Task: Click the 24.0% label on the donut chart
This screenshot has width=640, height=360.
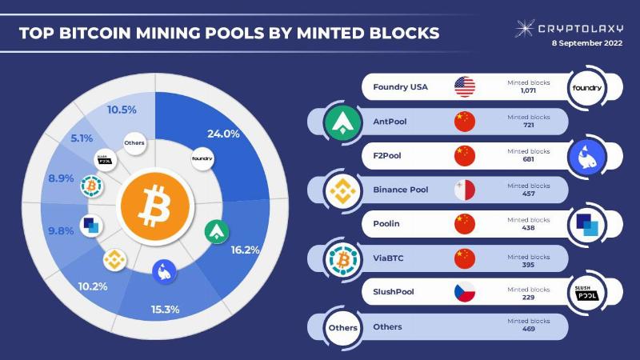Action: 223,134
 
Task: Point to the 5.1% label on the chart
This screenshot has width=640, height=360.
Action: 82,138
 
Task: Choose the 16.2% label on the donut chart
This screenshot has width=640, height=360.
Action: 245,250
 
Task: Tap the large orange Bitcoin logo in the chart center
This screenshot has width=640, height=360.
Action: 155,206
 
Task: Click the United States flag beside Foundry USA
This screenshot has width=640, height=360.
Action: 465,87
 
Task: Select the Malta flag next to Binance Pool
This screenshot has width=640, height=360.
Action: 465,190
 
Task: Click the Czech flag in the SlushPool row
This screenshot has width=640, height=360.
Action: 465,292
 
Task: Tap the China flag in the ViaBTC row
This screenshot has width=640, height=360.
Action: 465,258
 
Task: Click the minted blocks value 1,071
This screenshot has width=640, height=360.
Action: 528,90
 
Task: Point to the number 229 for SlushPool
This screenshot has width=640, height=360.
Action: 528,297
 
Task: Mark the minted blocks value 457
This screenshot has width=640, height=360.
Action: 528,194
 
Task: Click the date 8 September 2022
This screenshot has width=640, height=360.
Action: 587,43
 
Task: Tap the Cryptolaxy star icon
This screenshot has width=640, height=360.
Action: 524,28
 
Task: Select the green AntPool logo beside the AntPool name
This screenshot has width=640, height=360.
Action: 343,122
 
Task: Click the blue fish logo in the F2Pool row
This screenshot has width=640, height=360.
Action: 587,157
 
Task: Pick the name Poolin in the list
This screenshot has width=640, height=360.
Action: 386,224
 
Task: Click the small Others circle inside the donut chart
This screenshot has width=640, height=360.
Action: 134,143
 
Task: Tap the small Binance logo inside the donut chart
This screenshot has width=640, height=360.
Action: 114,260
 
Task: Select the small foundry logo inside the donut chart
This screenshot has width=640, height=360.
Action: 202,158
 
